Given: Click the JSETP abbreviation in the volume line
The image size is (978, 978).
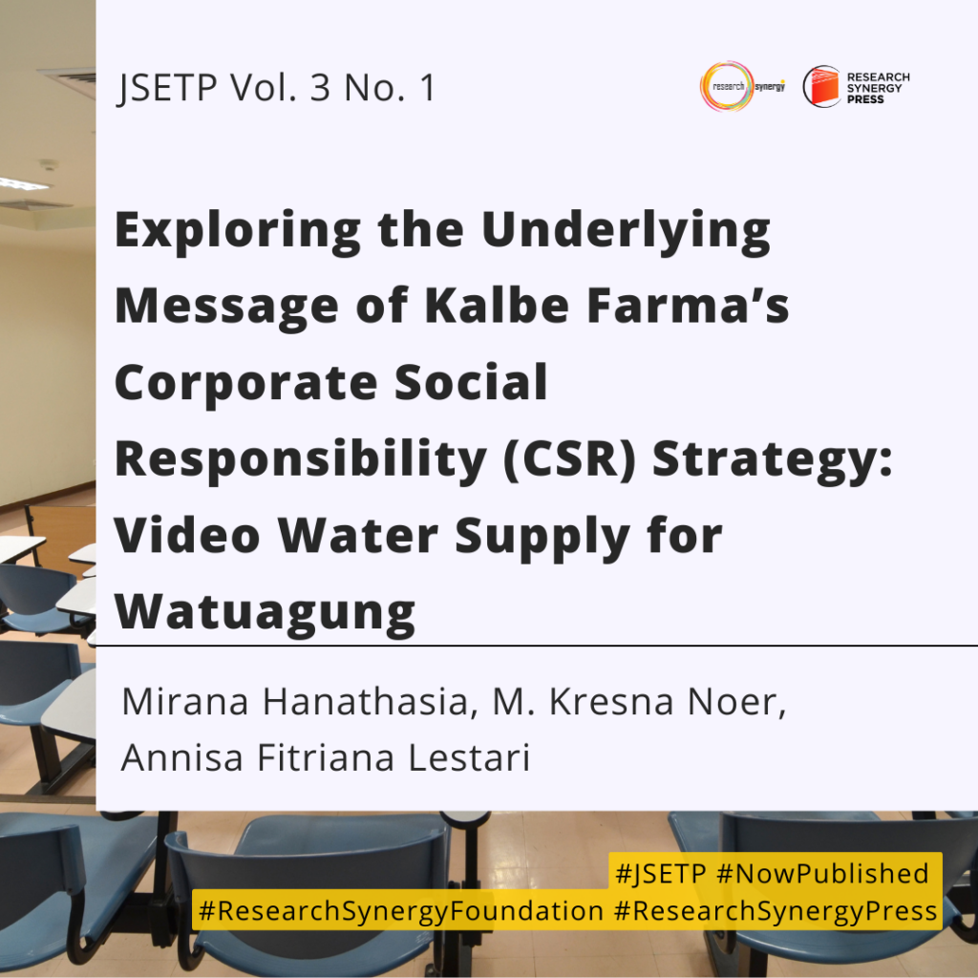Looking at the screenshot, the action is click(167, 88).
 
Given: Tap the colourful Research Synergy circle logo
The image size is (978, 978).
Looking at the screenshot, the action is click(727, 87).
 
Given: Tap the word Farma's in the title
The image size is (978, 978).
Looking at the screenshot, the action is click(688, 306).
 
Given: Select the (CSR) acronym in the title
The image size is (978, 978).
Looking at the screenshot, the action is click(569, 458).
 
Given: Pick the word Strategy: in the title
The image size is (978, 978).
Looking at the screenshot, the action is click(772, 460).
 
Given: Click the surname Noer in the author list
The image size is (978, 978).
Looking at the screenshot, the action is click(736, 702).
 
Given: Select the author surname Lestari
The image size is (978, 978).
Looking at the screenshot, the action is click(469, 757).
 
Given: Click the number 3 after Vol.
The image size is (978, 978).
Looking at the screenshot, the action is click(320, 88).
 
